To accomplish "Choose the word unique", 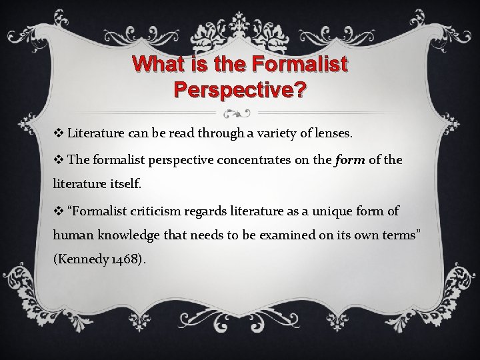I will click(x=325, y=211).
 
